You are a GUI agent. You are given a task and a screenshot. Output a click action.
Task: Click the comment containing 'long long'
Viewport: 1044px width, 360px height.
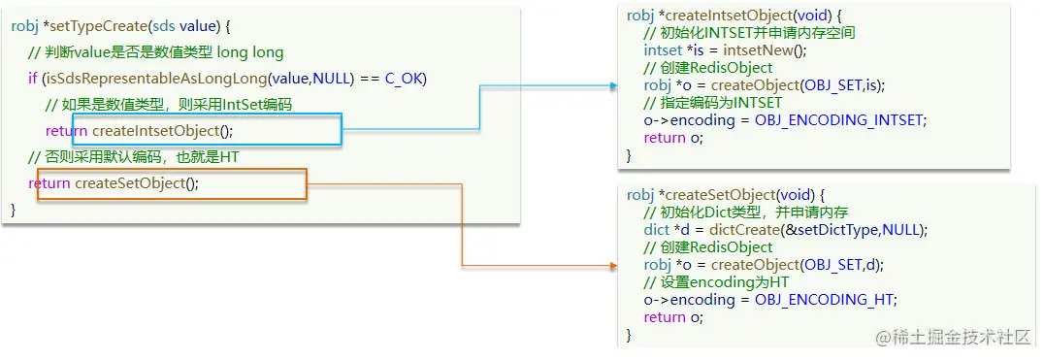pos(155,51)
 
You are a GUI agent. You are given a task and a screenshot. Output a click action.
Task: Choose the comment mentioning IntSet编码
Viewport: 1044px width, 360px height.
pos(169,104)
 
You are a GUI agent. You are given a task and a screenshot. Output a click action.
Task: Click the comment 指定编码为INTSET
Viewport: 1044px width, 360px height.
pos(713,103)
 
